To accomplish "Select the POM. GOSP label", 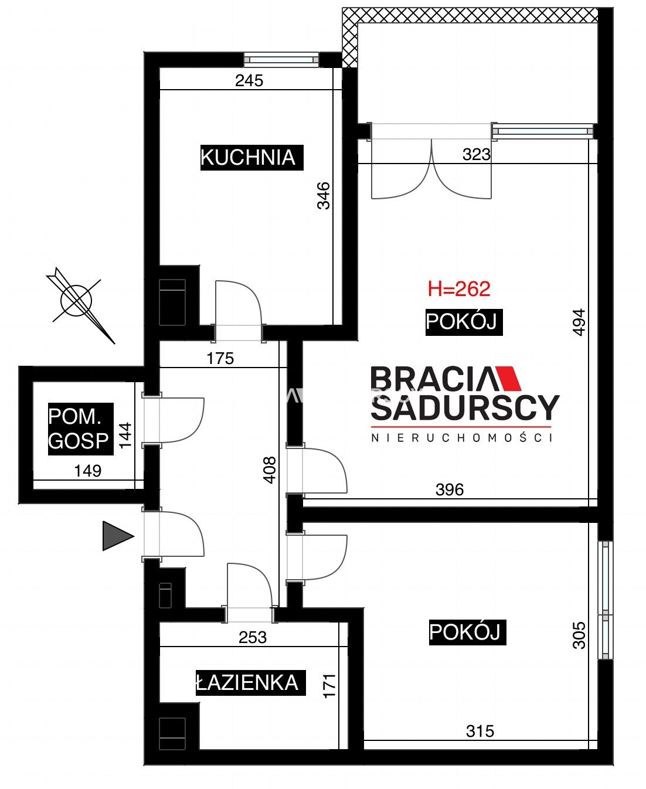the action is (80, 429).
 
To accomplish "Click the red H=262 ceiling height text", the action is (459, 289).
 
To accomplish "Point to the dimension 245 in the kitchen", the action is (249, 80).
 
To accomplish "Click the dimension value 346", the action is (324, 196).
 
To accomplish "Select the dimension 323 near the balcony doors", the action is (476, 154).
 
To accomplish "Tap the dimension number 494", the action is (579, 322).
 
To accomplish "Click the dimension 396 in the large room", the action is (450, 489).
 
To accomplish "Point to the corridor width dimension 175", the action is (220, 358).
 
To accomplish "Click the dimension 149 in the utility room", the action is (88, 471).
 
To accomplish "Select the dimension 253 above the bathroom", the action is (253, 638).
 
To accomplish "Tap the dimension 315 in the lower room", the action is (480, 731).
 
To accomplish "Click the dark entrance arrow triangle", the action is (117, 536).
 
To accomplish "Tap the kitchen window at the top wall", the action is (281, 59).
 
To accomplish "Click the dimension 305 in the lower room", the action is (579, 635).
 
